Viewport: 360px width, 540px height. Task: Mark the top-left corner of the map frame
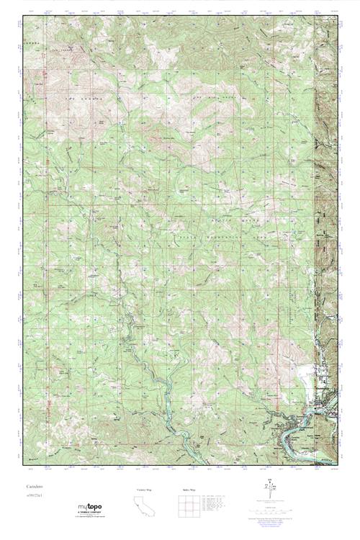point(22,16)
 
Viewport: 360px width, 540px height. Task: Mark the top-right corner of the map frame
point(338,16)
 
